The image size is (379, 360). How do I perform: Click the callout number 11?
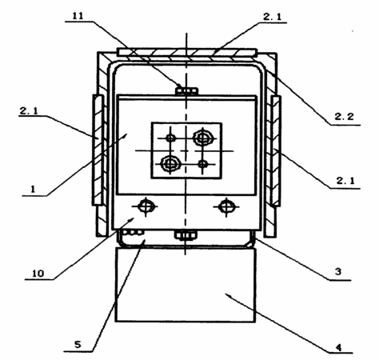(78, 16)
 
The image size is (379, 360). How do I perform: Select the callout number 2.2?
(344, 117)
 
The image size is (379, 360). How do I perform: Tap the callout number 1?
(33, 190)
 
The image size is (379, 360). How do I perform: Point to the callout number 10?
(38, 274)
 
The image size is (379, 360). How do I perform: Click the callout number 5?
(78, 345)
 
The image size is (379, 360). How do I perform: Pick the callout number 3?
(338, 272)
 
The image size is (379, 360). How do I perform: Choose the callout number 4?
(338, 347)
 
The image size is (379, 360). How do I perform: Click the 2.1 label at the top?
(272, 17)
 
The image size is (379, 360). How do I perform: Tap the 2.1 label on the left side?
(28, 111)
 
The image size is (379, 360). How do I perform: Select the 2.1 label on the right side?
(345, 181)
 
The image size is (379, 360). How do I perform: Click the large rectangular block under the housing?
(186, 285)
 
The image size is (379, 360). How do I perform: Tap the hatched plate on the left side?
(98, 150)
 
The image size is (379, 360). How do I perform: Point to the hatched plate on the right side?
(276, 151)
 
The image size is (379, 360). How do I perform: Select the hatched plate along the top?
(187, 52)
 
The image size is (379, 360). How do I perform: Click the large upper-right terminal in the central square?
(203, 138)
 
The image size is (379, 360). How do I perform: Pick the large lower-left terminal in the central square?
(170, 164)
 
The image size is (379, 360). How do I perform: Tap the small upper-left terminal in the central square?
(170, 138)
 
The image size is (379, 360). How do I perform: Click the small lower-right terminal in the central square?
(203, 164)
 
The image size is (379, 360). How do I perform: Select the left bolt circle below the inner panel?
(146, 206)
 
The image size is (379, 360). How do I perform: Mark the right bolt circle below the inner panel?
(226, 206)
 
